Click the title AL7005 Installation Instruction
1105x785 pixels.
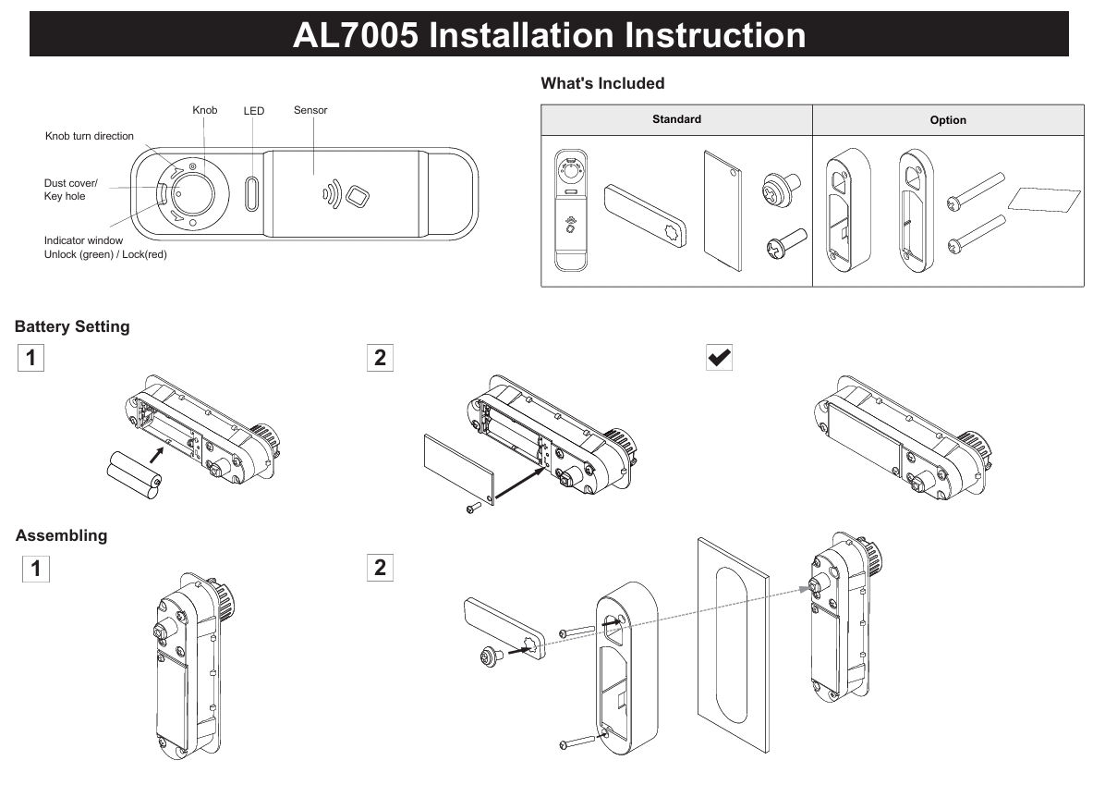pyautogui.click(x=549, y=35)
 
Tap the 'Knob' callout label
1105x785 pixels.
pyautogui.click(x=204, y=110)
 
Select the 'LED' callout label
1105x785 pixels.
pyautogui.click(x=254, y=111)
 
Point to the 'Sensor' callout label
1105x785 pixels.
pyautogui.click(x=310, y=110)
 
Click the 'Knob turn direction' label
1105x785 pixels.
pyautogui.click(x=90, y=136)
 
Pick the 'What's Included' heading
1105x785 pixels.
pyautogui.click(x=602, y=83)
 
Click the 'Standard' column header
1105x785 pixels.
pyautogui.click(x=676, y=119)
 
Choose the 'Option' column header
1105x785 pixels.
pyautogui.click(x=948, y=120)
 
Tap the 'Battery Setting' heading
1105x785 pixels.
pyautogui.click(x=72, y=326)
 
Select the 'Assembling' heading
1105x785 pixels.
pyautogui.click(x=61, y=535)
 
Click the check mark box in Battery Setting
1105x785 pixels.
pyautogui.click(x=719, y=358)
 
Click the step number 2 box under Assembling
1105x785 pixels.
pyautogui.click(x=380, y=567)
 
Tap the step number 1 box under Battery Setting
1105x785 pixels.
pyautogui.click(x=30, y=358)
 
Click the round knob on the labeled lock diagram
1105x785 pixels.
pyautogui.click(x=191, y=191)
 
